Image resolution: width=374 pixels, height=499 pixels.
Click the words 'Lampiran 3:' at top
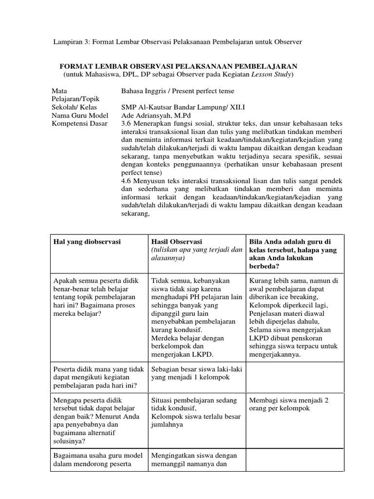pyautogui.click(x=70, y=42)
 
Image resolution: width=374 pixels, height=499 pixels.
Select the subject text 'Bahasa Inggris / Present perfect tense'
pyautogui.click(x=177, y=91)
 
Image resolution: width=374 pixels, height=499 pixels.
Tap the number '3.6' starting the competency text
pyautogui.click(x=126, y=124)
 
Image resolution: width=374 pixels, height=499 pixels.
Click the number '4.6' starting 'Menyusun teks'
pyautogui.click(x=126, y=181)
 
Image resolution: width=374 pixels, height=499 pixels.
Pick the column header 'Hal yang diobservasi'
pyautogui.click(x=88, y=242)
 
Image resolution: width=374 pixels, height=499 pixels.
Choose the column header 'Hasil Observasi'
pyautogui.click(x=173, y=242)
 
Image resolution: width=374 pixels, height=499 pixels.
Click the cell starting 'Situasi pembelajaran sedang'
pyautogui.click(x=195, y=412)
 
